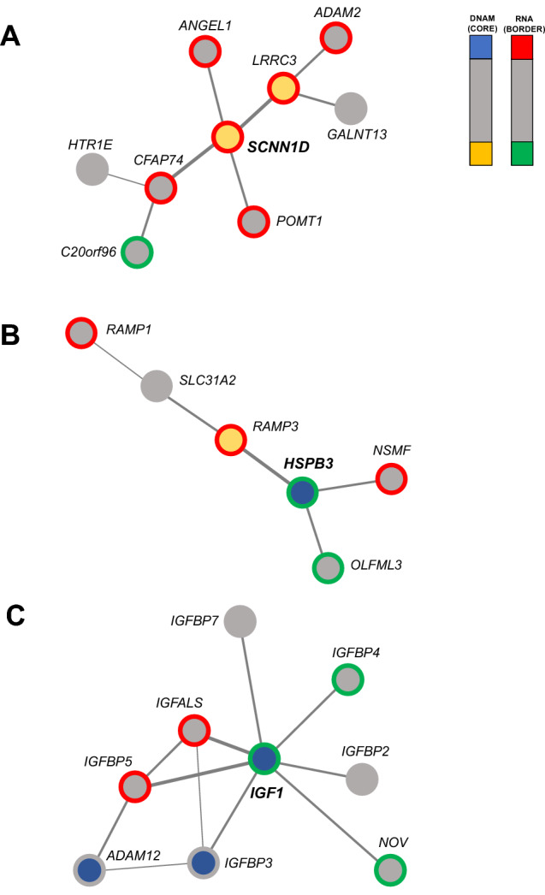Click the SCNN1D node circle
[227, 137]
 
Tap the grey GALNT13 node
[351, 109]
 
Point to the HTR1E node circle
[92, 168]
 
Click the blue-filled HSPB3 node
[301, 493]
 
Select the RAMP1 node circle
[82, 333]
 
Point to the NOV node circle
[389, 870]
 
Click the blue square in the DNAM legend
[481, 47]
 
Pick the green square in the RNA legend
[522, 153]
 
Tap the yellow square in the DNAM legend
[481, 153]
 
